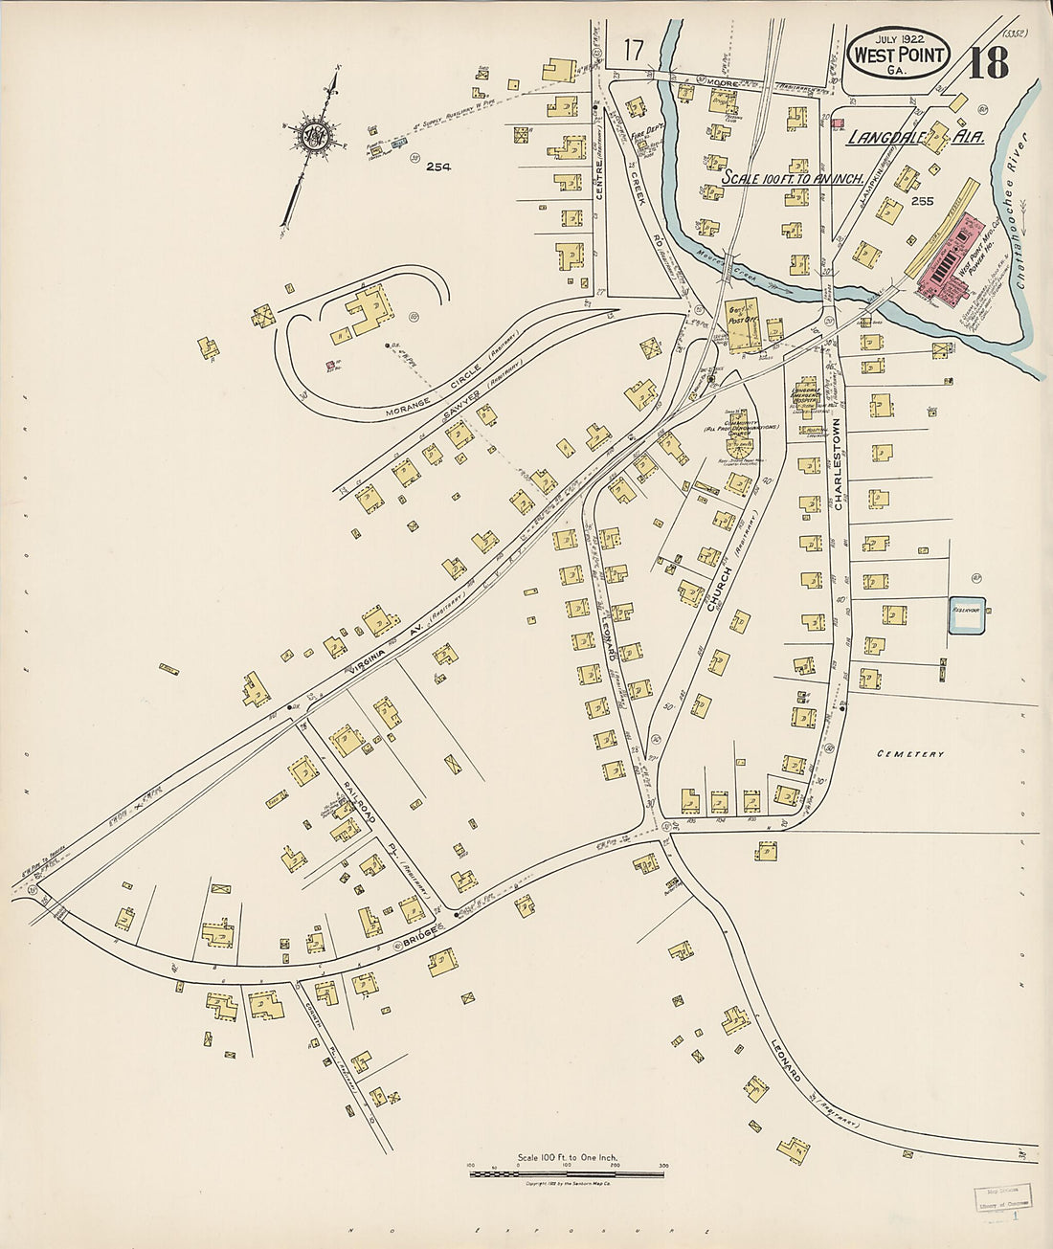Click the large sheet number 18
988,63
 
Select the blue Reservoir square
967,614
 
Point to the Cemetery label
910,754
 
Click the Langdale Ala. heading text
914,138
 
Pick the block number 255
922,202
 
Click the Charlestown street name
836,462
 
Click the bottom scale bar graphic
567,1172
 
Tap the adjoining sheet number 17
633,49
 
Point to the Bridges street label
420,935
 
